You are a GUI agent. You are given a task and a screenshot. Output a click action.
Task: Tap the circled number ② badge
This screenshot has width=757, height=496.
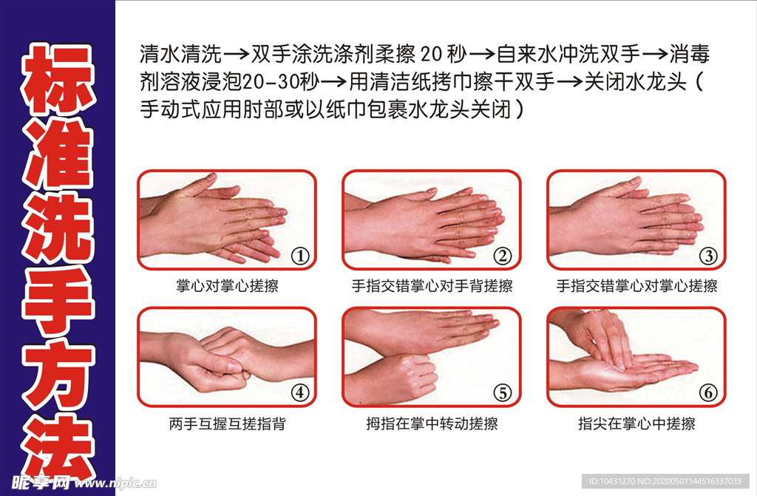click(x=503, y=257)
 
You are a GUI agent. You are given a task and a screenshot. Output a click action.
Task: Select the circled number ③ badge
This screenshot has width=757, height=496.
click(x=708, y=257)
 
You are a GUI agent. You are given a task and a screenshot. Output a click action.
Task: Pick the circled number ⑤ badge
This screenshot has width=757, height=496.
click(x=503, y=393)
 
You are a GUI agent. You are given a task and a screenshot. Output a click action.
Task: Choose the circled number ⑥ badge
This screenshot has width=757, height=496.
click(x=708, y=393)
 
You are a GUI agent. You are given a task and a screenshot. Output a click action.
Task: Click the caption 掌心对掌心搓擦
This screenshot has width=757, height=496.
click(x=227, y=286)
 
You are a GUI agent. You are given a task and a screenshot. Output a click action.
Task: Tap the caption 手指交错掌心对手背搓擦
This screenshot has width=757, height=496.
click(x=432, y=286)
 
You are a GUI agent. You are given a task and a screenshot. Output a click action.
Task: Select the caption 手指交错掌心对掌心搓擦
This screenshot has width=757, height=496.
click(x=637, y=286)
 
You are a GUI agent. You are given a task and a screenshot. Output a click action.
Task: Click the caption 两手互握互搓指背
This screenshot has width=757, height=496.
click(x=227, y=424)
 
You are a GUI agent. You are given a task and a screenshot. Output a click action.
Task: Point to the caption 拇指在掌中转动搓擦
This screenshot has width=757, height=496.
click(x=432, y=424)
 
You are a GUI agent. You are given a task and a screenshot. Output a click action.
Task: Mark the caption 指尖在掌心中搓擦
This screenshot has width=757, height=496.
click(x=637, y=424)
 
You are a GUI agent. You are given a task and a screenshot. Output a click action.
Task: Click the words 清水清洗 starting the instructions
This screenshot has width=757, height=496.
click(x=180, y=55)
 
